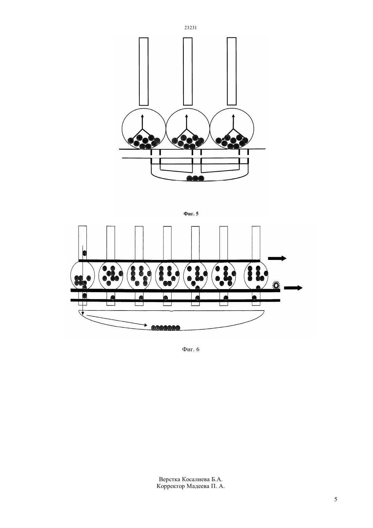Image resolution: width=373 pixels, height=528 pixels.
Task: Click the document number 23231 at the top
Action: pos(191,28)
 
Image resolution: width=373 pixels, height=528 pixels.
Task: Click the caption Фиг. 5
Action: pos(191,214)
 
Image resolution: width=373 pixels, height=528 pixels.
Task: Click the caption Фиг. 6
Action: pos(191,349)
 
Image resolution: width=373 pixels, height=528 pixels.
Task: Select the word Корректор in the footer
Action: pos(171,486)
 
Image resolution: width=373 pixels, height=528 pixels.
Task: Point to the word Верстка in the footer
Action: pos(170,479)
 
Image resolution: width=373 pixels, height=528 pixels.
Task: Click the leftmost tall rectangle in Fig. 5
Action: pos(144,71)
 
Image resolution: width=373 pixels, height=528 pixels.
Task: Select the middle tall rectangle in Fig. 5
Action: pos(188,71)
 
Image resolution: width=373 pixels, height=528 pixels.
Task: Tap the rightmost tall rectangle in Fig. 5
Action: pos(232,71)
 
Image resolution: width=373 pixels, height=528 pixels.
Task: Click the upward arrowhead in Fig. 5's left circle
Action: pos(142,116)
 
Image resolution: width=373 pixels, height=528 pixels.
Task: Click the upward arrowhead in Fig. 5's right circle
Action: pos(233,116)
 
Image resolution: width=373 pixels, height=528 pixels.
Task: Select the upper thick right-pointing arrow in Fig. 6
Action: pos(277,258)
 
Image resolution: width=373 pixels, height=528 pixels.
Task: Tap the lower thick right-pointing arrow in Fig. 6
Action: pos(293,288)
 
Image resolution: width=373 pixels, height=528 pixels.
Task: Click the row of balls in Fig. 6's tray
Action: pos(165,328)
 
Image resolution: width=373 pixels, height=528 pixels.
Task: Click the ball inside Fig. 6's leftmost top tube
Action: pos(84,253)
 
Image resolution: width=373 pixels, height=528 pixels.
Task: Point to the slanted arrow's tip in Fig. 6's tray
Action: pos(147,325)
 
